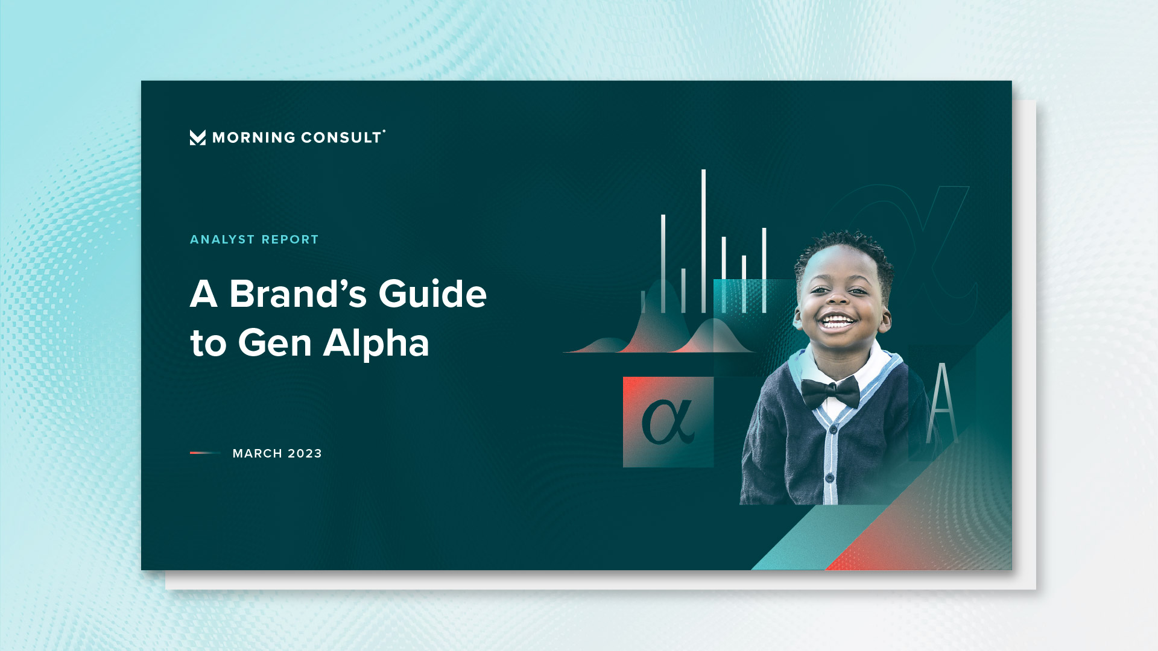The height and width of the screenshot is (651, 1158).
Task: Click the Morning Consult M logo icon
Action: point(197,137)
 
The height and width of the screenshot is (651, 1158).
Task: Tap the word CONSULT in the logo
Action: point(341,138)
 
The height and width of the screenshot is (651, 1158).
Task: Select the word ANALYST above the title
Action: point(223,240)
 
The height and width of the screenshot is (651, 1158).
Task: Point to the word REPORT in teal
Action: point(290,240)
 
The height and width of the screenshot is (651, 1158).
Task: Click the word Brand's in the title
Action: point(298,294)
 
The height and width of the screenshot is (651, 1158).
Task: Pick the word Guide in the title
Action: point(432,294)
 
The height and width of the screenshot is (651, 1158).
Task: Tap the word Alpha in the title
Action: point(376,344)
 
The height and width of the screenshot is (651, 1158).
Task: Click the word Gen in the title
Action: point(275,344)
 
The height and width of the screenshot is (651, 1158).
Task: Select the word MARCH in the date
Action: point(258,454)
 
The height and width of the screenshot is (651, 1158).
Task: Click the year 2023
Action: point(305,454)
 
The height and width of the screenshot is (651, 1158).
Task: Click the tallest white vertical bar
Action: point(703,241)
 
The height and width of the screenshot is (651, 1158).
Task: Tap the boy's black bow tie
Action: point(830,392)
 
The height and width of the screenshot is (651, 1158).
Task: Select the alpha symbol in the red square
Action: point(668,422)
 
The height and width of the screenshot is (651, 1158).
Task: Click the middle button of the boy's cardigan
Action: point(832,429)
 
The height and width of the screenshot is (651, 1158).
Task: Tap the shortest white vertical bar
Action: point(643,302)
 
